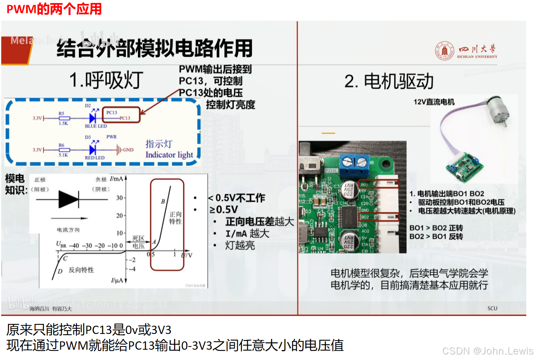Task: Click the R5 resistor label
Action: (61, 113)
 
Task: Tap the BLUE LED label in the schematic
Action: (96, 126)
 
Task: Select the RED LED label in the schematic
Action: (95, 158)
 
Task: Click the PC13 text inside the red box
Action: (112, 113)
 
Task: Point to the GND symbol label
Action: (128, 150)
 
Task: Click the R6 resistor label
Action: (61, 145)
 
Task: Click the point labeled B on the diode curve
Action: (163, 201)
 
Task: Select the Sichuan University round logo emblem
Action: (445, 51)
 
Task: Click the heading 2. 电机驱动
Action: (389, 82)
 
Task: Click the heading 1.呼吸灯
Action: (106, 80)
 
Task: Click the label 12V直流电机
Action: (434, 102)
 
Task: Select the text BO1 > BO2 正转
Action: (436, 228)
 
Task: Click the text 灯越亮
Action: (240, 245)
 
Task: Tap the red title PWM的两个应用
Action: (54, 9)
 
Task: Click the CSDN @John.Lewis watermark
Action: (487, 351)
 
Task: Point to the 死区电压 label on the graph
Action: (138, 242)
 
